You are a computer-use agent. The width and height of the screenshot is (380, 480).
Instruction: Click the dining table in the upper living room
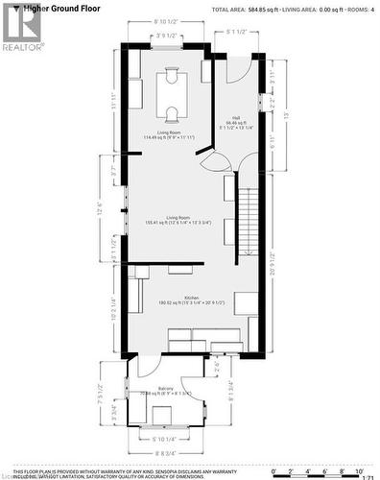pyautogui.click(x=173, y=93)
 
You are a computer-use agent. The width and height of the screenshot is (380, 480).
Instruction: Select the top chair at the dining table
pyautogui.click(x=173, y=70)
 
